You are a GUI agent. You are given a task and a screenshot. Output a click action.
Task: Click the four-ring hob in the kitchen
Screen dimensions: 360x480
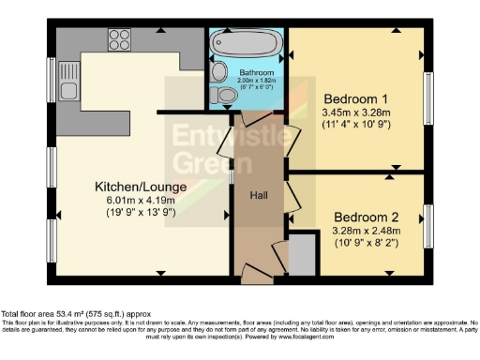click(x=119, y=39)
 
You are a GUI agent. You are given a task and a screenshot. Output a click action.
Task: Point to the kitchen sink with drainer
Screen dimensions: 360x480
click(x=68, y=92)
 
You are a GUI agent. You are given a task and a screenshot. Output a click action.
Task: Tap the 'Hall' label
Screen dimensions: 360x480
click(x=260, y=195)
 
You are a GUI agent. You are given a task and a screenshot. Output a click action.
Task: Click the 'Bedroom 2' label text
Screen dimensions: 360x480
click(x=367, y=213)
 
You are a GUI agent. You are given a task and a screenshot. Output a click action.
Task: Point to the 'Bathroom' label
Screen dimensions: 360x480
click(x=255, y=69)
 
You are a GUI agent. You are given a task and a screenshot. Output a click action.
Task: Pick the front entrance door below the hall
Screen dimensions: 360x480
click(x=256, y=273)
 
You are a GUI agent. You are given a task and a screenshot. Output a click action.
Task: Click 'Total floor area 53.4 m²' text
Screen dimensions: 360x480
click(x=56, y=314)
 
